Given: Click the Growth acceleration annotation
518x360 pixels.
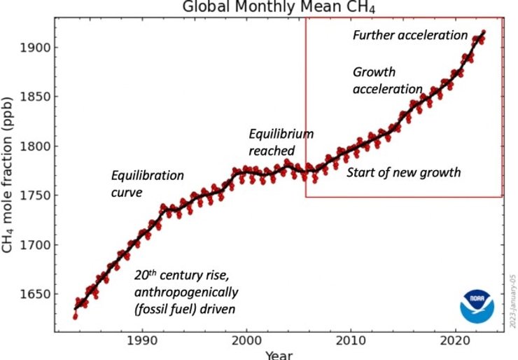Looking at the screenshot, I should pos(387,81).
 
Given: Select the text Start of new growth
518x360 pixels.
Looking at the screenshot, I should pos(404,172).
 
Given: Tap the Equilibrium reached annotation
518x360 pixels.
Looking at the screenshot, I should pos(281,141).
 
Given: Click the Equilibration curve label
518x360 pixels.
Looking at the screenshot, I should pos(148,183).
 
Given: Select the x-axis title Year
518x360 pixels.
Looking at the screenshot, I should pos(279,354).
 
